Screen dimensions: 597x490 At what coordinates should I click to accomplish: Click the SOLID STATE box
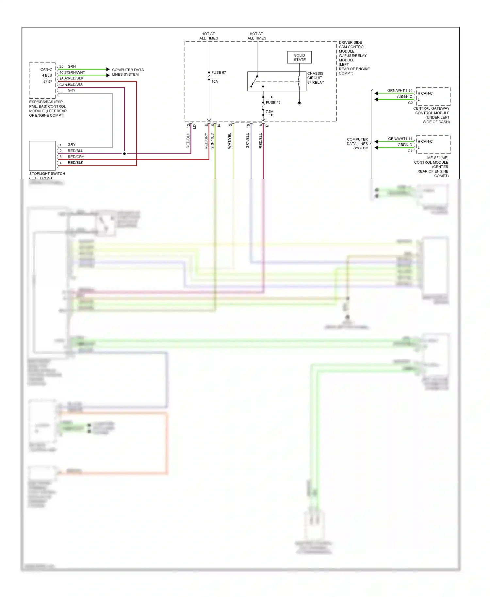pos(299,57)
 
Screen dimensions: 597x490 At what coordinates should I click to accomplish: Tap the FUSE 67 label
pos(219,73)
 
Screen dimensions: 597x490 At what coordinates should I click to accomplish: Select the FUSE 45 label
pos(273,103)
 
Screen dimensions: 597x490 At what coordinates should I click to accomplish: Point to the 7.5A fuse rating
pos(269,112)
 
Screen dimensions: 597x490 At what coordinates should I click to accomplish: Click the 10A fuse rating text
pos(215,82)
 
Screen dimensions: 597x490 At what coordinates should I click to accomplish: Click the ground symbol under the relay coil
pos(299,104)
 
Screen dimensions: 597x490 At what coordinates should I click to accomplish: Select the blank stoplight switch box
pos(42,155)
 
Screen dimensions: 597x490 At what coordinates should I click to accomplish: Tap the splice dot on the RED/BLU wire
pos(124,153)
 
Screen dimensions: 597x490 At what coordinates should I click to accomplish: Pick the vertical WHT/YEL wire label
pos(230,141)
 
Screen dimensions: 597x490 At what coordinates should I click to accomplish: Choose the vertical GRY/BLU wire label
pos(248,141)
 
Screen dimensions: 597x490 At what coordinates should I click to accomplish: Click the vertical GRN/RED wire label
pos(212,141)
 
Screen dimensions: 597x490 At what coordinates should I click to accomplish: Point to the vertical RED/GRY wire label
pos(206,141)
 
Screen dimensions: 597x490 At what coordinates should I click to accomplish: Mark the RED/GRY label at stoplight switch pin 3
pos(76,157)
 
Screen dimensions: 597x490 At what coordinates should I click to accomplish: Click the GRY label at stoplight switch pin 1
pos(72,145)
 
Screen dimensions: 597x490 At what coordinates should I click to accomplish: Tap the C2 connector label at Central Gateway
pos(410,103)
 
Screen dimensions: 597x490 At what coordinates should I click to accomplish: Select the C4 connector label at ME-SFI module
pos(410,151)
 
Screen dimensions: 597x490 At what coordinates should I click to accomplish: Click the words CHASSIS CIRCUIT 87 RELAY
pos(316,78)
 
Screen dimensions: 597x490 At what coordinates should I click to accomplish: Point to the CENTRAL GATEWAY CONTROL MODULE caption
pos(432,115)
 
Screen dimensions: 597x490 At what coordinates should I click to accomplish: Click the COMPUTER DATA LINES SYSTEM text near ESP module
pos(128,72)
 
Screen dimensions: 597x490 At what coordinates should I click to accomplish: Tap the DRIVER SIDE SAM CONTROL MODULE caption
pos(354,58)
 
